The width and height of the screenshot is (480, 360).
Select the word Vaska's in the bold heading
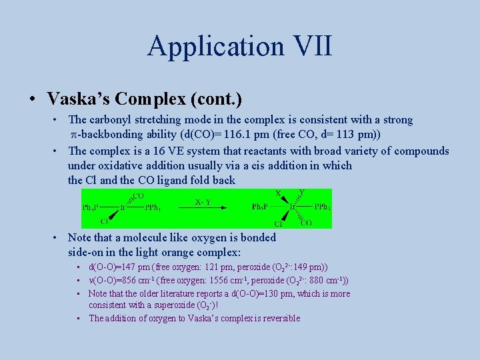click(x=77, y=99)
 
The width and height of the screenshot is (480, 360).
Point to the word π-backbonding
click(x=111, y=134)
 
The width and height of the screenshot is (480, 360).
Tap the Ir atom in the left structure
click(x=124, y=207)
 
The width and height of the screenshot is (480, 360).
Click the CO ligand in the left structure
click(x=138, y=195)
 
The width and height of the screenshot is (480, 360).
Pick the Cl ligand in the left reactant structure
click(x=105, y=221)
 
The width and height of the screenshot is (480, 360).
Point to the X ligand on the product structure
click(x=278, y=193)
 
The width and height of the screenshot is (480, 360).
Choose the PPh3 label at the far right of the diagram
click(x=323, y=207)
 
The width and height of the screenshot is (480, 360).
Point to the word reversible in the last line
click(x=279, y=318)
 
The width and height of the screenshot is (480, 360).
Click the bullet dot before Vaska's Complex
click(x=32, y=99)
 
